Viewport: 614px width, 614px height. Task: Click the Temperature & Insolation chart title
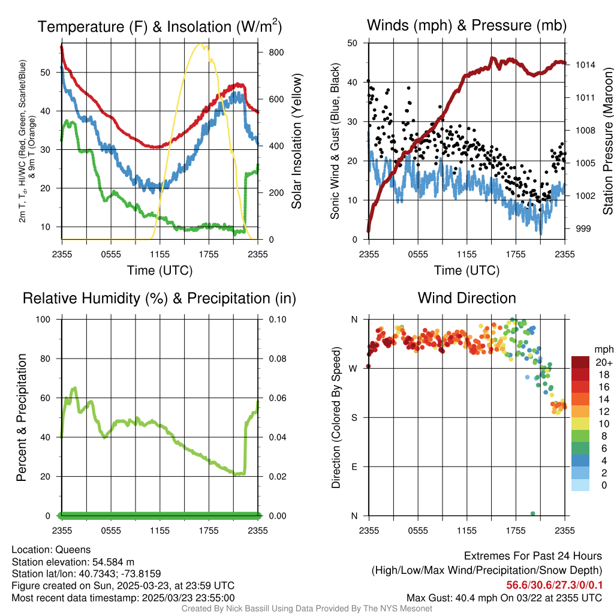tap(159, 26)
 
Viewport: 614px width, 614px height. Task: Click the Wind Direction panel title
tap(466, 298)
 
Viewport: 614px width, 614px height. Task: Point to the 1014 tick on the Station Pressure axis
tap(585, 64)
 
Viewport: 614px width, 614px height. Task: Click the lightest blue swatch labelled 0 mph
tap(580, 486)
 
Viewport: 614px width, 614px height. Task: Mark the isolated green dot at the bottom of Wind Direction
tap(532, 513)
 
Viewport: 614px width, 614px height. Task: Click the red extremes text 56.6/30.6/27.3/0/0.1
tap(554, 585)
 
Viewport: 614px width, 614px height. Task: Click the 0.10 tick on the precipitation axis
tap(276, 319)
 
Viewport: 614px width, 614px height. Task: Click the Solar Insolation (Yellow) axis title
tap(296, 142)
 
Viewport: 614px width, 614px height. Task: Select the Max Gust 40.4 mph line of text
tap(504, 598)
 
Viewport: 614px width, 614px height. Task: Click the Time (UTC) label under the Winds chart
tap(466, 270)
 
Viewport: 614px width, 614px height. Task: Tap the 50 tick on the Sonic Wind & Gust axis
tap(353, 43)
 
